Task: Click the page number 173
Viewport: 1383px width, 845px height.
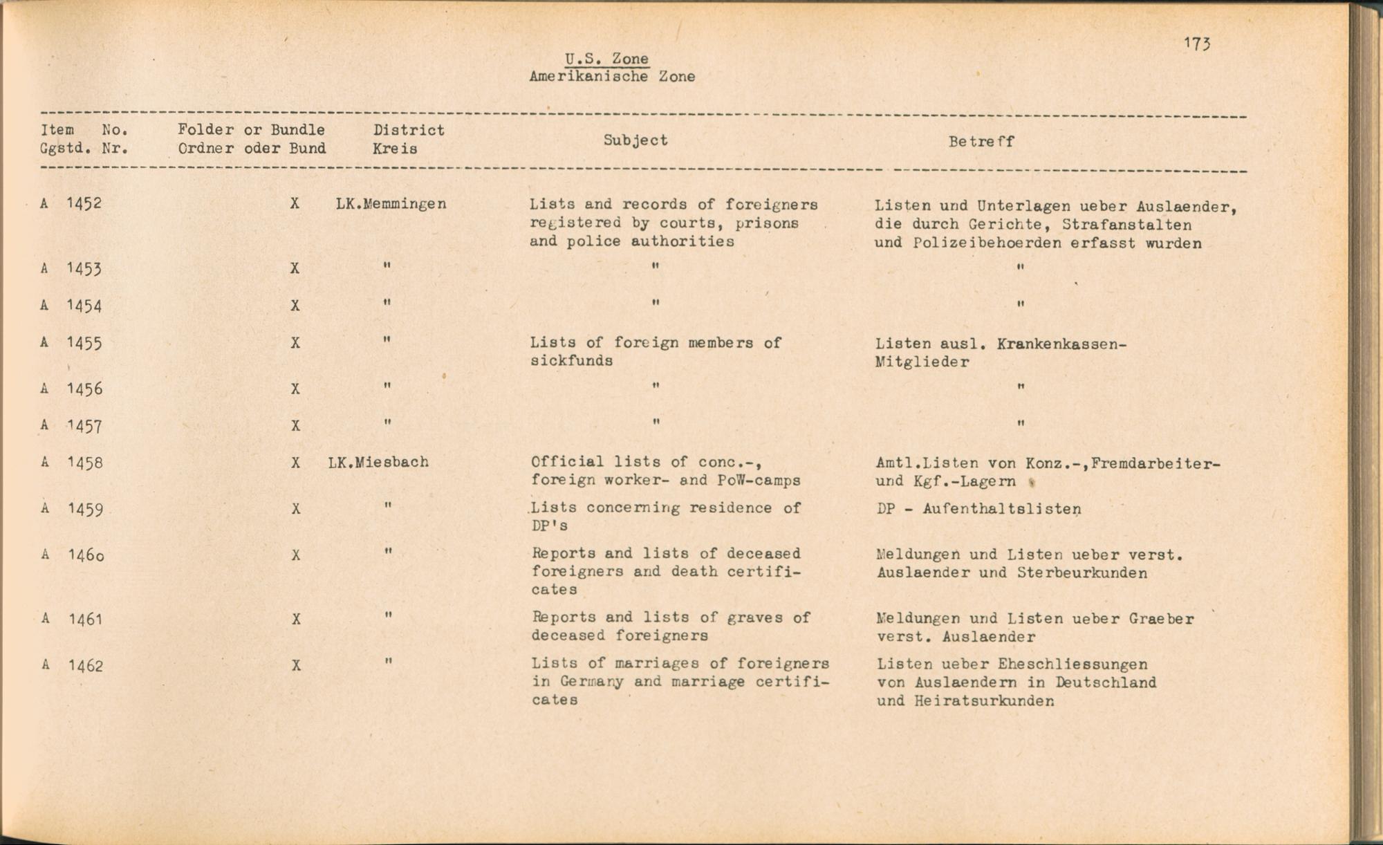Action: tap(1196, 44)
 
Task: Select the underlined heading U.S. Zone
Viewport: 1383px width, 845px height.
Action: tap(606, 59)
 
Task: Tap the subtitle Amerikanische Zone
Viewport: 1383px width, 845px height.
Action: tap(612, 77)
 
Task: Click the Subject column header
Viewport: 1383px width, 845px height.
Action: tap(635, 140)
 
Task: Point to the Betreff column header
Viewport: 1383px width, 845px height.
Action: tap(981, 142)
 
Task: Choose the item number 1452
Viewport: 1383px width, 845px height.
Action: tap(84, 203)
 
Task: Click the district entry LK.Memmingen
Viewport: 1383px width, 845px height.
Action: tap(391, 204)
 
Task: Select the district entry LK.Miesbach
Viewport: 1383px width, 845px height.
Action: tap(378, 462)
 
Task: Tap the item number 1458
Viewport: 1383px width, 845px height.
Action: tap(84, 463)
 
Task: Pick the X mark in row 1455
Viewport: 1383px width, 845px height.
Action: tap(295, 343)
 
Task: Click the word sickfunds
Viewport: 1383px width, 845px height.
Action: tap(571, 361)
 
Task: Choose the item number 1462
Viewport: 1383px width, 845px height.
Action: tap(85, 666)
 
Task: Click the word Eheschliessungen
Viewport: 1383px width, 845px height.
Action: tap(1073, 665)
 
